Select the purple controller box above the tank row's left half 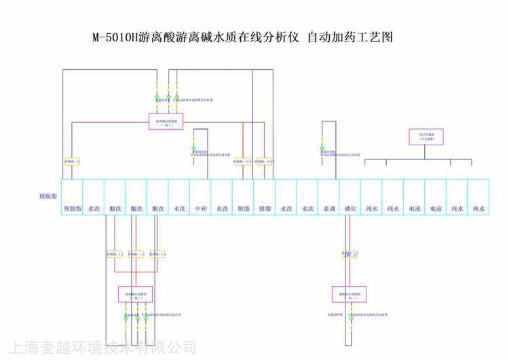click(x=166, y=122)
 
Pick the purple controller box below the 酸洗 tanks click(x=136, y=294)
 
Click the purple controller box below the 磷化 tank click(x=350, y=294)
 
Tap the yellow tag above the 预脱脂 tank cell click(x=72, y=162)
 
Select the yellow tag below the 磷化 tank click(x=350, y=254)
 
